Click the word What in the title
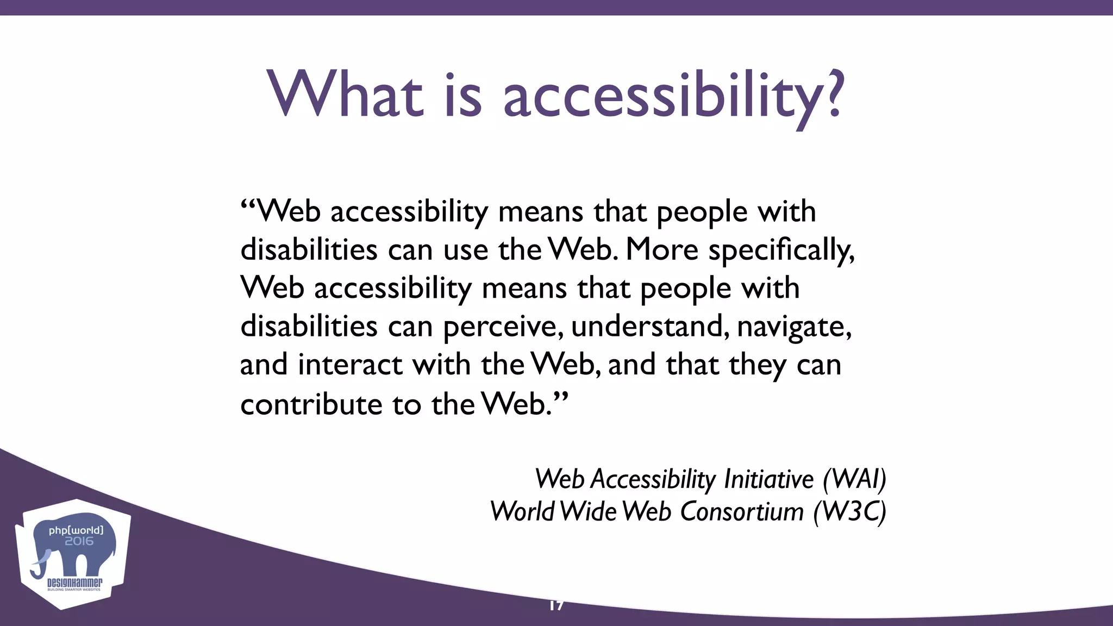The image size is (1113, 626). [345, 95]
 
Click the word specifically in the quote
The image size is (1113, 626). [781, 251]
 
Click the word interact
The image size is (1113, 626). [350, 364]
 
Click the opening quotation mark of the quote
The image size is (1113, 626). [247, 206]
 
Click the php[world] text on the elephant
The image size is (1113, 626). [76, 530]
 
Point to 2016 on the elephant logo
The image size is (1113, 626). [79, 541]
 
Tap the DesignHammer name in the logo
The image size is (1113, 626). [74, 583]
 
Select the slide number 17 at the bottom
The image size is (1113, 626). [556, 605]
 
